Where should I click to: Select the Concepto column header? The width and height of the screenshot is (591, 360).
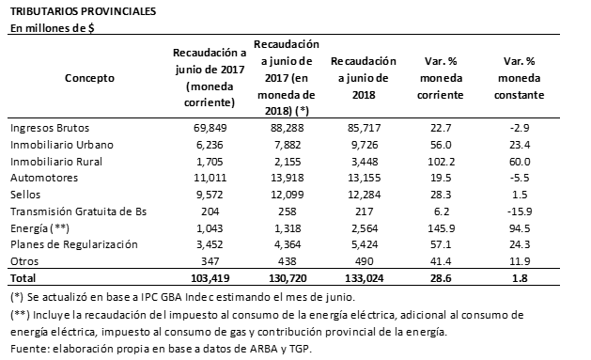90,78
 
